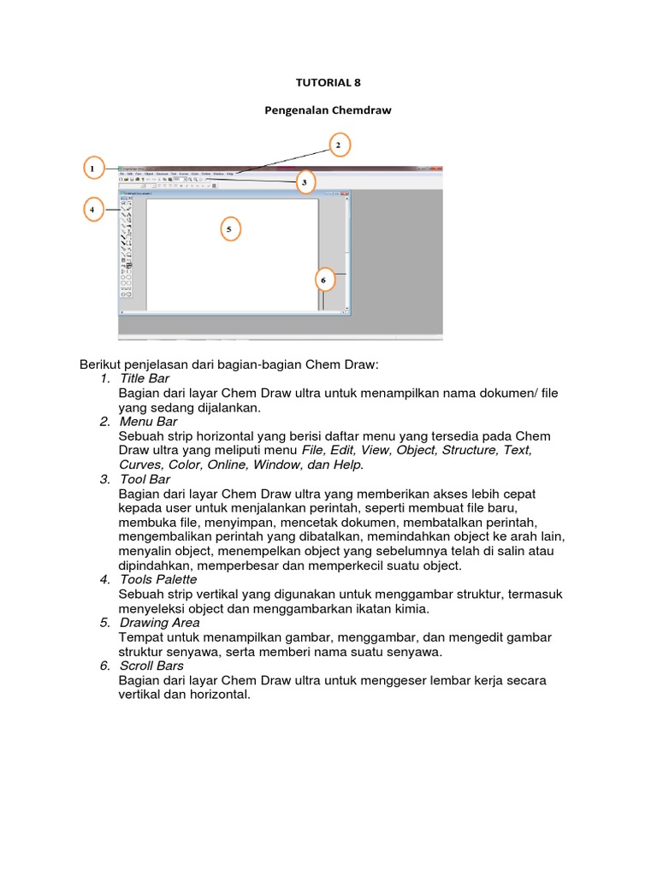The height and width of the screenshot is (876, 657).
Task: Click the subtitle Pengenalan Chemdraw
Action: (328, 111)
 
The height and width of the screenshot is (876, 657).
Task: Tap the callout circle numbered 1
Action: (94, 169)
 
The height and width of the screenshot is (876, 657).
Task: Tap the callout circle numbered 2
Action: (338, 145)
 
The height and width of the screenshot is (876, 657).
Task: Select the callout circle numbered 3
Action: (305, 182)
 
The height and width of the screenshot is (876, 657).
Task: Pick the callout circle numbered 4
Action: (94, 209)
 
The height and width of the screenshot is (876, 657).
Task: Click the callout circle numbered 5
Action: (229, 229)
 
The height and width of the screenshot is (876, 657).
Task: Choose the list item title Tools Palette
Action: (158, 580)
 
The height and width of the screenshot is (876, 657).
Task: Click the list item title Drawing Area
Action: (160, 623)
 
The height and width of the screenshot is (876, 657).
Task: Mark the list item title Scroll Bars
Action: (151, 666)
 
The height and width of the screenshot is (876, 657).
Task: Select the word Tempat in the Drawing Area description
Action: (141, 637)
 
